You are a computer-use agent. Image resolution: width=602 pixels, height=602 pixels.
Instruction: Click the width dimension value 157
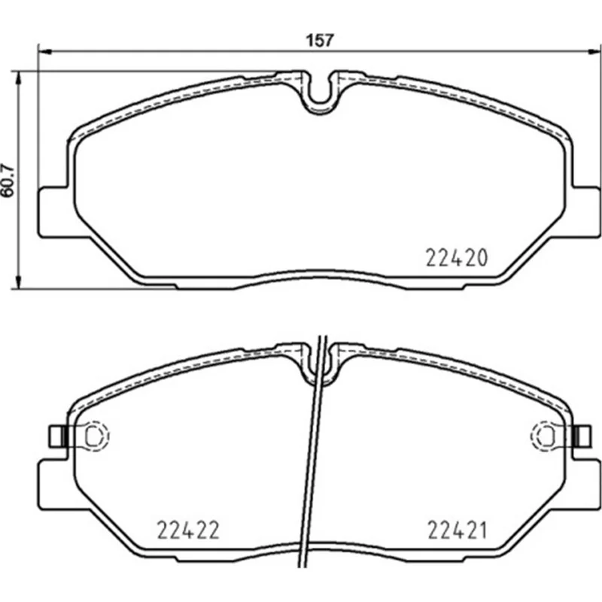[320, 40]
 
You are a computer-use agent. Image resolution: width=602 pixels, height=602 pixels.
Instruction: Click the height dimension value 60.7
[8, 181]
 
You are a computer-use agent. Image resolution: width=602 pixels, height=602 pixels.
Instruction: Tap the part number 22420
[457, 257]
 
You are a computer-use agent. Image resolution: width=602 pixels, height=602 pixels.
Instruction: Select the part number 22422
[188, 530]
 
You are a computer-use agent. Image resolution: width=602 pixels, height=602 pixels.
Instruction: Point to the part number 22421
[457, 530]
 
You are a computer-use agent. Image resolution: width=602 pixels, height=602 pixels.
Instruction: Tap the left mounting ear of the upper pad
[53, 212]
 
